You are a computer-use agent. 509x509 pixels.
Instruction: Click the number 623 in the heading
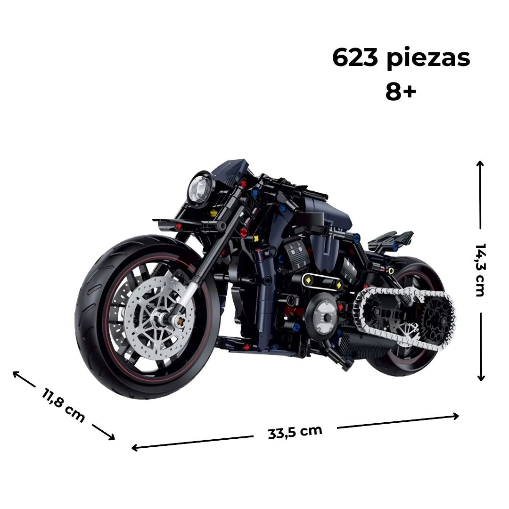(x=355, y=58)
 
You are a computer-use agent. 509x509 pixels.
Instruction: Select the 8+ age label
(x=401, y=91)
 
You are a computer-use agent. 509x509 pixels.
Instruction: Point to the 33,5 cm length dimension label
(x=295, y=432)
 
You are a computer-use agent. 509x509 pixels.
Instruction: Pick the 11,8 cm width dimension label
(x=64, y=405)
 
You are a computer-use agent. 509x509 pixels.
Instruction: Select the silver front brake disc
(x=160, y=314)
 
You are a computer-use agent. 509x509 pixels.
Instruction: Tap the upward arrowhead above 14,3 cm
(x=480, y=163)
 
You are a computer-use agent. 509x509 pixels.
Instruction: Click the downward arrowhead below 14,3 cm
(x=481, y=378)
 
